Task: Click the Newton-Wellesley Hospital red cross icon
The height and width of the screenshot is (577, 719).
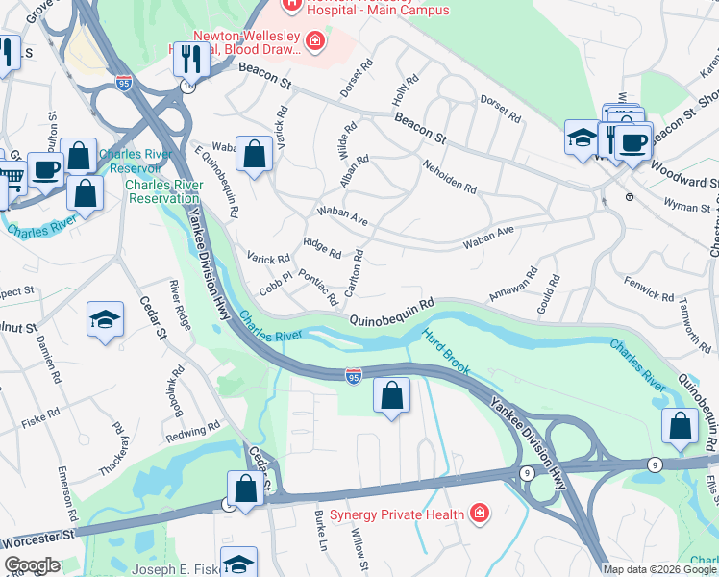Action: (314, 41)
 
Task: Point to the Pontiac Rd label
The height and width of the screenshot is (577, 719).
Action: (319, 287)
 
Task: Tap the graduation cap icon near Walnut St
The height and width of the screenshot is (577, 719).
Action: (106, 320)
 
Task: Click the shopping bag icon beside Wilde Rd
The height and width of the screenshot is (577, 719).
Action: (255, 155)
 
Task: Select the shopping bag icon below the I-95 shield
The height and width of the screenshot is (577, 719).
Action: (392, 395)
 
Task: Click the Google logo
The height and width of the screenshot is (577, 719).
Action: (32, 566)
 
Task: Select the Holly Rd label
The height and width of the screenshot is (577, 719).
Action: (404, 92)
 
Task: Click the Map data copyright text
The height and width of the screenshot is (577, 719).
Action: (660, 569)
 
